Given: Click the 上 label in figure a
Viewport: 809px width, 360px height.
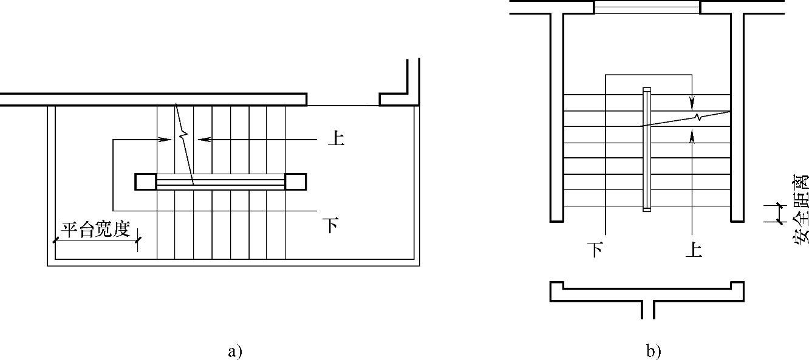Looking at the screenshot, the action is coord(335,138).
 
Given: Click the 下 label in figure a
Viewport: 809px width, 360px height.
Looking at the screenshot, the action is coord(330,225).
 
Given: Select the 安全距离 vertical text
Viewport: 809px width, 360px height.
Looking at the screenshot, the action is coord(800,209).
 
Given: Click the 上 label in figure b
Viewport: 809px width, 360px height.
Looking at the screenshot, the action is coord(693,249).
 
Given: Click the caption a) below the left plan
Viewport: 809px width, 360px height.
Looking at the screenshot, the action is coord(235,351).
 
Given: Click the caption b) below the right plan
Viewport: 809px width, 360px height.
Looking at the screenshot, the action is coord(654,351).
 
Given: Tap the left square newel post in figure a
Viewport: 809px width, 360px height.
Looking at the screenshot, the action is coord(145,182).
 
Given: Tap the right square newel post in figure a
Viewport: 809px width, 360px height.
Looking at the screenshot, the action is coord(296,182).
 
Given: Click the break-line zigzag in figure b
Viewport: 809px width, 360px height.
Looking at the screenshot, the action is coord(700,117).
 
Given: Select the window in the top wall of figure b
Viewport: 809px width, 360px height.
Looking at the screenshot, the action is coord(647,7).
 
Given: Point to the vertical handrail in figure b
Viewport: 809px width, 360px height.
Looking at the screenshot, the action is coord(647,150).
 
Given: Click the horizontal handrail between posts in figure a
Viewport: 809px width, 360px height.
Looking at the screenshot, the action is coord(220,182).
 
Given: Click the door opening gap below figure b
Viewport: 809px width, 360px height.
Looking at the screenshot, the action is coord(647,309).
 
